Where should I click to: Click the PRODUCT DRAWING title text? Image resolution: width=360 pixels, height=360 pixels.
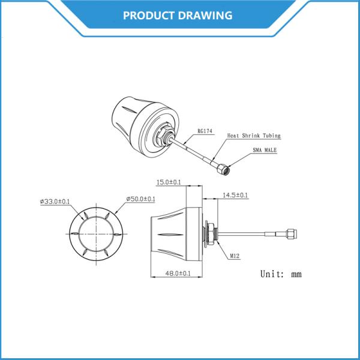[x=178, y=15]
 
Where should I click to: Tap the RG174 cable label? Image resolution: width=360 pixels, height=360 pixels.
[x=205, y=130]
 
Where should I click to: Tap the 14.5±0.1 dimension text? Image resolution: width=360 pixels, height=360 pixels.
[x=235, y=195]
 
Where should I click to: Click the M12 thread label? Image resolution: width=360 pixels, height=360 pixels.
[x=235, y=256]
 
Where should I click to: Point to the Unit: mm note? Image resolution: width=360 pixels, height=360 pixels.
[x=281, y=274]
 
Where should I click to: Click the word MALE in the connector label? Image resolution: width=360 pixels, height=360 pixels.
[x=269, y=151]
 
